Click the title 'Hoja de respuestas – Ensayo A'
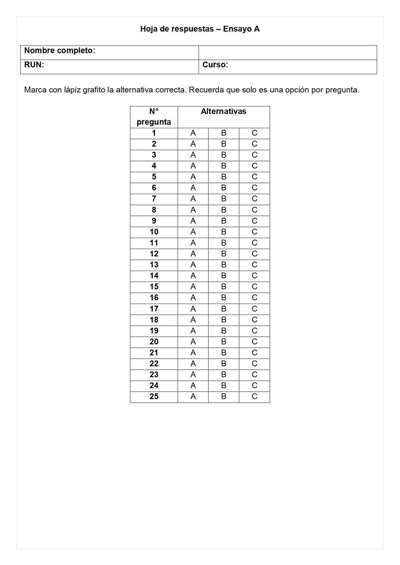200,29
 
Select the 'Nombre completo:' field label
60,51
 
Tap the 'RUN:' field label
34,65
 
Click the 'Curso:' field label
215,65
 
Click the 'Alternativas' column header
223,111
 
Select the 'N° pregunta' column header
154,117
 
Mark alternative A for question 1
193,133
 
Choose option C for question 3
254,155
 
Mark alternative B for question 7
224,199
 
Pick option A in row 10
193,232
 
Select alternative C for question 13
254,265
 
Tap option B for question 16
224,298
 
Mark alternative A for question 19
193,331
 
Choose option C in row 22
254,364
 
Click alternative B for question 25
224,397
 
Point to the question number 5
154,177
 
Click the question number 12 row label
154,254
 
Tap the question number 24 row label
154,386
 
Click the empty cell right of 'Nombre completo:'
288,53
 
